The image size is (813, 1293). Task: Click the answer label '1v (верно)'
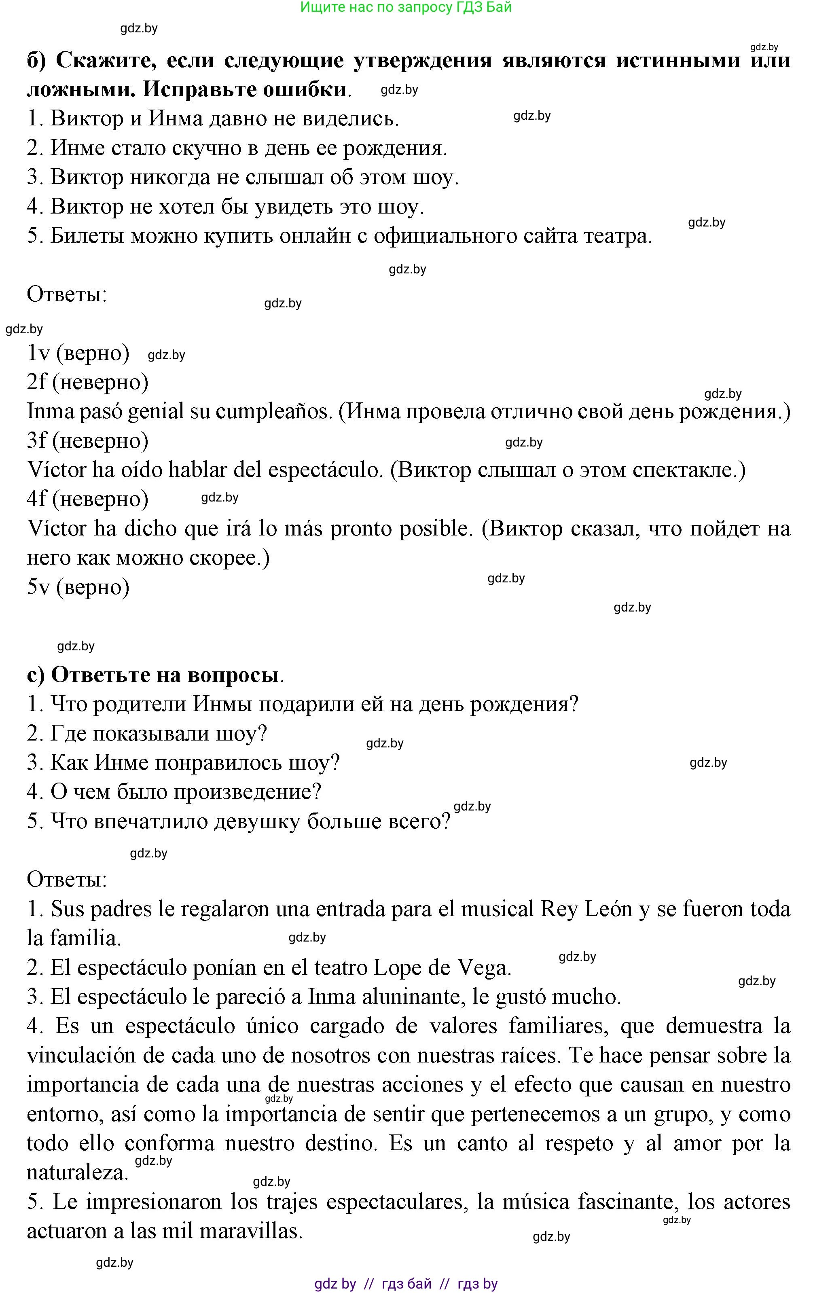pyautogui.click(x=78, y=353)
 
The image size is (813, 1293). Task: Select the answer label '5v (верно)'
pyautogui.click(x=78, y=587)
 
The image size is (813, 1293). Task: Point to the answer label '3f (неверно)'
pyautogui.click(x=87, y=441)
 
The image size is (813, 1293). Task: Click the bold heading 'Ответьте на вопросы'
pyautogui.click(x=165, y=675)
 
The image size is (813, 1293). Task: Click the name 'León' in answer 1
pyautogui.click(x=608, y=910)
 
